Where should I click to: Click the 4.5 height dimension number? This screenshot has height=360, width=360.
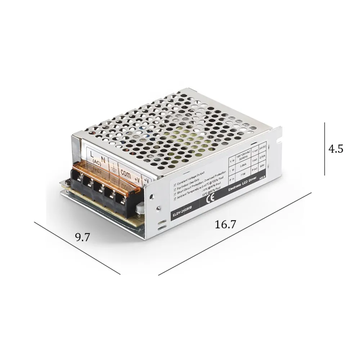(336, 149)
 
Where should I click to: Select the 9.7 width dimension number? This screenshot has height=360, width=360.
(82, 237)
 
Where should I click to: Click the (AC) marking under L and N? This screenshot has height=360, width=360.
(96, 162)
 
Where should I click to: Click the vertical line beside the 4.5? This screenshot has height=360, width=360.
(324, 149)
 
